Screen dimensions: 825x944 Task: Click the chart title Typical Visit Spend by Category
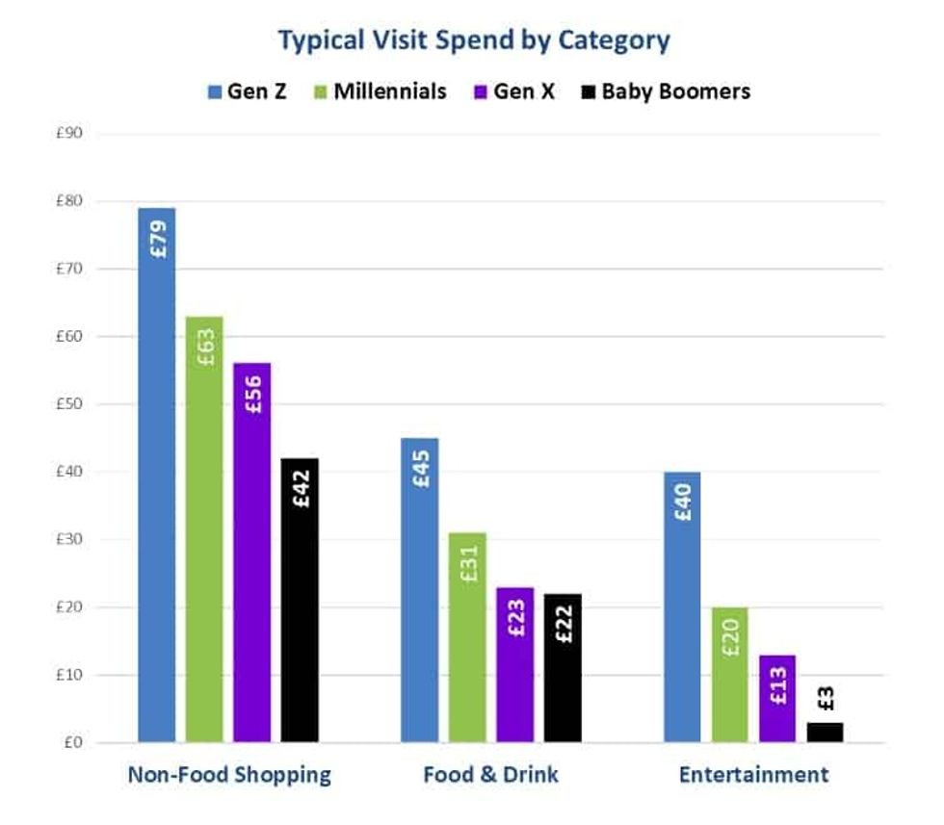[473, 41]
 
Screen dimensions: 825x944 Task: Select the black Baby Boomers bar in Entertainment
[826, 733]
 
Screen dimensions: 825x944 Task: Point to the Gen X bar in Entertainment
[777, 699]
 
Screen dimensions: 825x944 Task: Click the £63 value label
[205, 347]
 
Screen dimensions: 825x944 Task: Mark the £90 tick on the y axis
[70, 134]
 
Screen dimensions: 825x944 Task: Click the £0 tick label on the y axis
[74, 743]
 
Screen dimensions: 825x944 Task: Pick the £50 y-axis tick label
[70, 404]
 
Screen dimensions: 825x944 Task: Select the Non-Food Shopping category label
[229, 775]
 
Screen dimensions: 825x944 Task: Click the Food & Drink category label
[490, 775]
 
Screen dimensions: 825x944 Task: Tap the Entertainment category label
[753, 775]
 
